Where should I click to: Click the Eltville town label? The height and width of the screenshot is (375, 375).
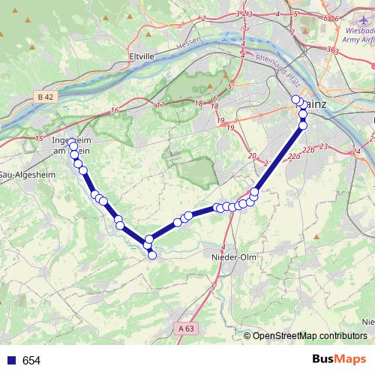142,55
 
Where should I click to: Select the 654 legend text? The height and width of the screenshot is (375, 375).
31,361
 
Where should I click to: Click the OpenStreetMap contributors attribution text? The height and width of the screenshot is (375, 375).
310,335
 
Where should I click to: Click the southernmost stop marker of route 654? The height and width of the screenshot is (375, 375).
152,256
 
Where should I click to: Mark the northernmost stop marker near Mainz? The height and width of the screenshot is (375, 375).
295,100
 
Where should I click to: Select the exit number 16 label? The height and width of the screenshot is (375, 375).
114,111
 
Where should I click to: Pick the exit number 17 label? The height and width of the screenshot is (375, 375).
160,104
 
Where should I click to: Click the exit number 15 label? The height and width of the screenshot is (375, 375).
38,139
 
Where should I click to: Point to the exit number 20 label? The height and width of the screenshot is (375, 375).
250,155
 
